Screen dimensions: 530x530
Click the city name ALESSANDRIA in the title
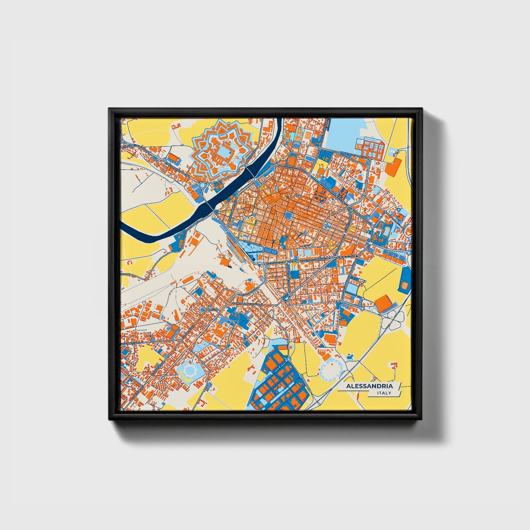click(x=369, y=386)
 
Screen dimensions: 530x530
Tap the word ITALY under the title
click(x=384, y=393)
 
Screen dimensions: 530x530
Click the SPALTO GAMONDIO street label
click(x=311, y=260)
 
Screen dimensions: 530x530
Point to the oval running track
click(x=386, y=231)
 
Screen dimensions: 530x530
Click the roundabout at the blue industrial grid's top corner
click(x=289, y=359)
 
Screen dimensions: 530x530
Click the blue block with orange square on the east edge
click(x=406, y=283)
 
